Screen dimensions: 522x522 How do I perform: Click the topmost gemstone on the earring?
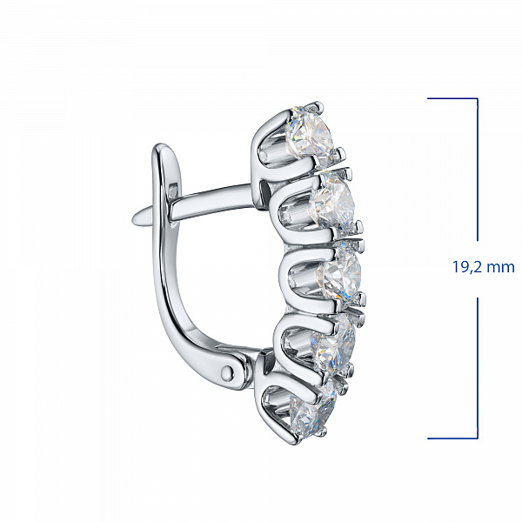311,135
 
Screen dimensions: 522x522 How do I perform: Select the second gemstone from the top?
333,202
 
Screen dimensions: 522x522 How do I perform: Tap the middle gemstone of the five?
339,274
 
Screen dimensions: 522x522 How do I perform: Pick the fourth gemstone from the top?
334,344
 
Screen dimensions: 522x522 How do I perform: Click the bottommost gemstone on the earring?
313,412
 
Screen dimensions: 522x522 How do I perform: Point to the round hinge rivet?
228,371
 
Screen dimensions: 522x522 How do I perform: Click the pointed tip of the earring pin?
133,220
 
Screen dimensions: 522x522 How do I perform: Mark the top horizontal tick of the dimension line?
452,98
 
